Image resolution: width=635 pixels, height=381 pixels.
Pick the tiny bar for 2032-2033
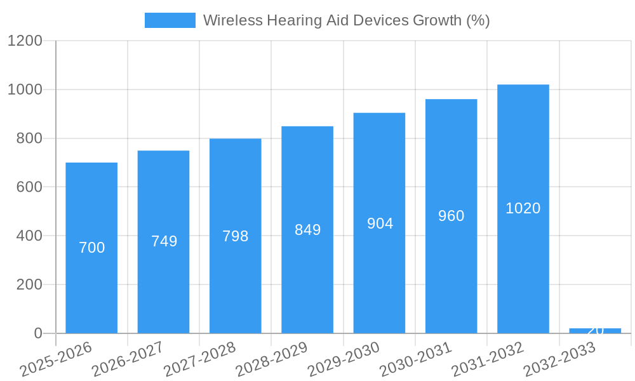pyautogui.click(x=595, y=331)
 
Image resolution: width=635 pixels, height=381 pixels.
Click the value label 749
pyautogui.click(x=164, y=241)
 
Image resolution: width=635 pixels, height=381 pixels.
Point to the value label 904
pyautogui.click(x=380, y=224)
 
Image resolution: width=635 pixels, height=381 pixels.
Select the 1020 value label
pyautogui.click(x=523, y=208)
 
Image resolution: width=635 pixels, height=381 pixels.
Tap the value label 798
pyautogui.click(x=236, y=236)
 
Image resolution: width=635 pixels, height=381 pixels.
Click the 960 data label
pyautogui.click(x=451, y=216)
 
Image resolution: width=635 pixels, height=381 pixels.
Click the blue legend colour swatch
pyautogui.click(x=170, y=20)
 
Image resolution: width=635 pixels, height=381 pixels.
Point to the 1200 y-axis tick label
pyautogui.click(x=24, y=41)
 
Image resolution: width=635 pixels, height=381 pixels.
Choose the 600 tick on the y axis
pyautogui.click(x=28, y=187)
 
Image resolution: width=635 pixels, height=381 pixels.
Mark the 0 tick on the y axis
pyautogui.click(x=37, y=333)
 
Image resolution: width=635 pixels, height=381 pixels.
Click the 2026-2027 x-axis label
pyautogui.click(x=128, y=359)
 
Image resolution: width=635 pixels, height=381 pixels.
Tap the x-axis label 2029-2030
pyautogui.click(x=344, y=359)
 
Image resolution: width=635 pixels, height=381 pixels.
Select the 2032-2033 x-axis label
pyautogui.click(x=559, y=359)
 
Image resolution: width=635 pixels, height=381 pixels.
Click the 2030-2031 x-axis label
pyautogui.click(x=416, y=359)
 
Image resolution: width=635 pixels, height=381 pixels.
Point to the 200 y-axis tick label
pyautogui.click(x=28, y=284)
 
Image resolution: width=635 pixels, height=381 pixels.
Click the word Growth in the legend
pyautogui.click(x=438, y=20)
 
